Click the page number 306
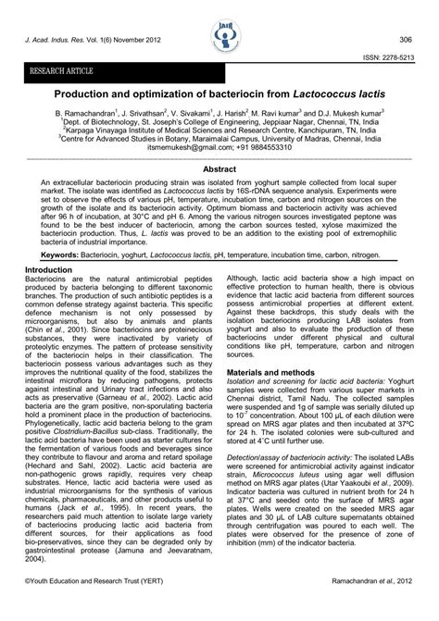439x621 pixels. click(x=405, y=40)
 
